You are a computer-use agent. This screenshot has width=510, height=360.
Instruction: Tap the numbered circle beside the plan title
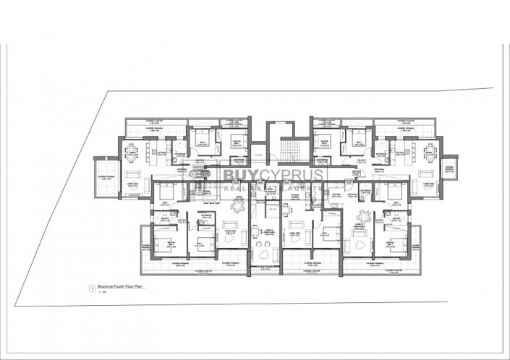(x=91, y=288)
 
